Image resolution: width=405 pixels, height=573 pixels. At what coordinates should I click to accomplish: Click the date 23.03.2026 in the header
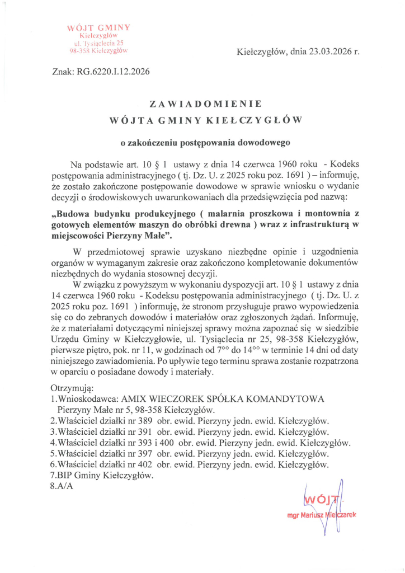click(318, 52)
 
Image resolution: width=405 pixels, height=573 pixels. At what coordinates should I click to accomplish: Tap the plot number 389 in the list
click(144, 421)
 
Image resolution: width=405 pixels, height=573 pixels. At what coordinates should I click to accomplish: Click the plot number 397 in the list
click(144, 453)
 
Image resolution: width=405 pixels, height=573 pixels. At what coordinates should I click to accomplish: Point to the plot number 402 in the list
click(144, 464)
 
